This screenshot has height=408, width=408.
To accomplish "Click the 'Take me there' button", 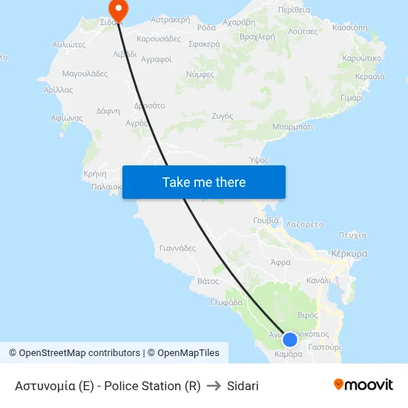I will click(204, 182).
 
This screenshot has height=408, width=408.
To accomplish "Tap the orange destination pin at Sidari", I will click(118, 10).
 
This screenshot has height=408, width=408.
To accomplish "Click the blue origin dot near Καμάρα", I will click(290, 339).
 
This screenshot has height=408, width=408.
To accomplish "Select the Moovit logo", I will click(363, 384).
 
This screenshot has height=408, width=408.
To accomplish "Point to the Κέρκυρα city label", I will click(349, 253).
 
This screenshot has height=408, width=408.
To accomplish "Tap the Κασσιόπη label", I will click(349, 27).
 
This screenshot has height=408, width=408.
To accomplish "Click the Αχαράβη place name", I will click(239, 23).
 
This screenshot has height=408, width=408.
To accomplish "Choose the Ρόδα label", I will click(206, 27).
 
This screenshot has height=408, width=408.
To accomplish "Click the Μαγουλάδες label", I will click(85, 73).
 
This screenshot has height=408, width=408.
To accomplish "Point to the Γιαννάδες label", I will click(177, 248).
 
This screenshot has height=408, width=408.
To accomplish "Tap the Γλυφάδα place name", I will click(226, 302).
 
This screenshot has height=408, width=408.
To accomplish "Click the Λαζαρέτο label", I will click(304, 223).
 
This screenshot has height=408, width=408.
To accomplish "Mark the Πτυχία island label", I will click(352, 234).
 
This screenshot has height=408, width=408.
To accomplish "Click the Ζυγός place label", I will click(223, 116).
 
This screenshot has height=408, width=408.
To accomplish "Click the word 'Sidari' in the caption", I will click(243, 386).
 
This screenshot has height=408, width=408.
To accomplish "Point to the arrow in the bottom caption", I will click(214, 386).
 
